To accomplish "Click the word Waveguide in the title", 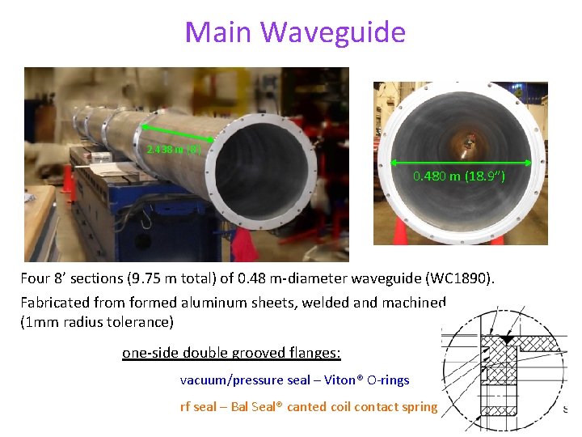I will click(x=335, y=32).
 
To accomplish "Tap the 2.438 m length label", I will click(x=179, y=149).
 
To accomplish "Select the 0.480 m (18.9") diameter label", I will click(x=458, y=176).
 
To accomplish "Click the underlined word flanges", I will click(x=313, y=354).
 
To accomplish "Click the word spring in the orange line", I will click(x=418, y=406).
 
